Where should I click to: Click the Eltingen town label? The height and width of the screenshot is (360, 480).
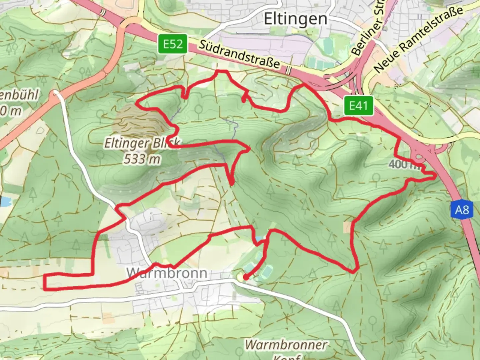pos(295,19)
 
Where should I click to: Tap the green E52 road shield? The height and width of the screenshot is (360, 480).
pos(172,44)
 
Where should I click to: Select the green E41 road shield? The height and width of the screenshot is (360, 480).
pos(358,106)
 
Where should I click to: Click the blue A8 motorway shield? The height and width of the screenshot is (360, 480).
pos(462,210)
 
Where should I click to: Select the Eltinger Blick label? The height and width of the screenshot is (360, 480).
pos(142,143)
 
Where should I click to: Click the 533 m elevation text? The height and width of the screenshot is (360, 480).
pos(142,159)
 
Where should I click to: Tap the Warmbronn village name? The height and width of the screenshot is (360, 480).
pos(167,273)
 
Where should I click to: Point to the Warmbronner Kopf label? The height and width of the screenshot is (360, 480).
pos(286,345)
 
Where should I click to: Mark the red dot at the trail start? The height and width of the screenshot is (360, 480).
pos(246,277)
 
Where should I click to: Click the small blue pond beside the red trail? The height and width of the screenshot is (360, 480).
pos(259,239)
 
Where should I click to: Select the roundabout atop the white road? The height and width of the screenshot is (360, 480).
pos(56,94)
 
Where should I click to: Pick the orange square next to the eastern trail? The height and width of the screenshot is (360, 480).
pos(347,228)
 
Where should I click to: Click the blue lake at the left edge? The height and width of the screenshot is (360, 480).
pos(5,201)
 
